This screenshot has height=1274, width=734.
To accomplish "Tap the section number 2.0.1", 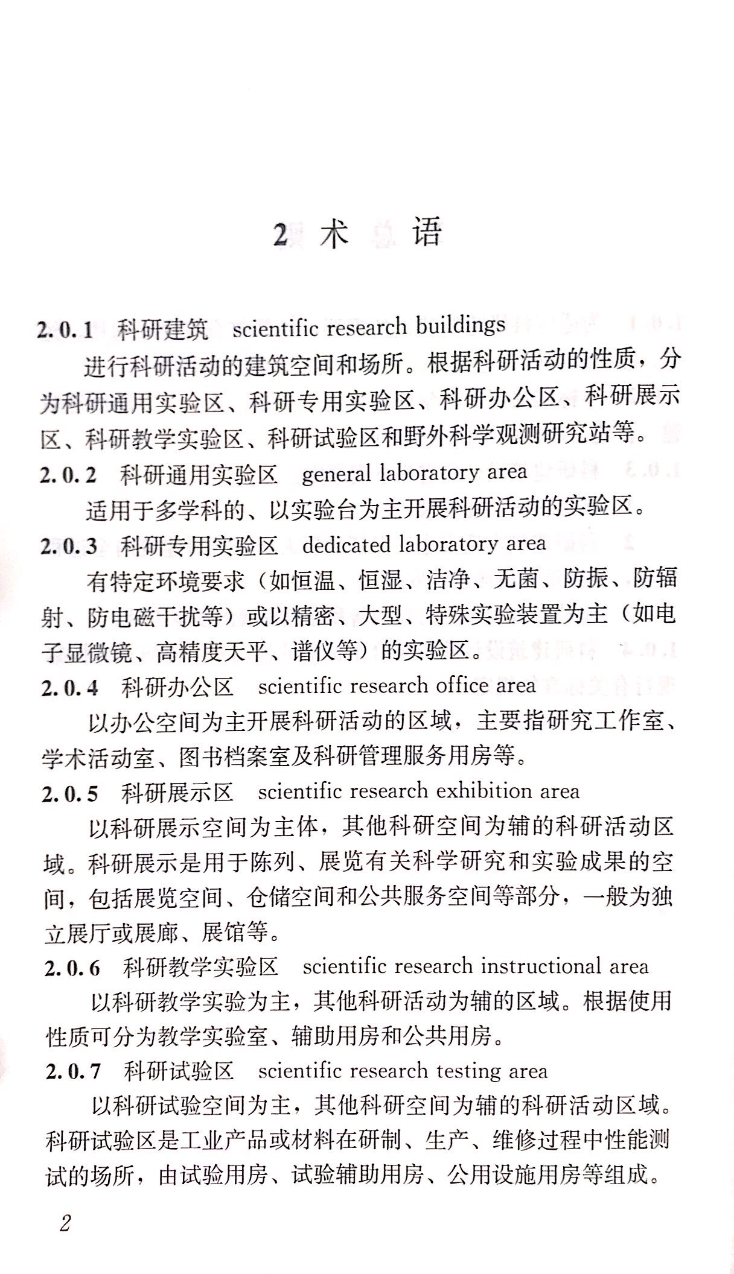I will pos(65,330).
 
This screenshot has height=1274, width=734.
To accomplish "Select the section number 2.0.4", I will pos(69,687).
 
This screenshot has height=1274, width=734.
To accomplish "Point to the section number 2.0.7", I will pos(73,1071).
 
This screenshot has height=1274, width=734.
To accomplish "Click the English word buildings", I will pos(460,326).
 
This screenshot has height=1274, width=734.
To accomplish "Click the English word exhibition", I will pos(480,791).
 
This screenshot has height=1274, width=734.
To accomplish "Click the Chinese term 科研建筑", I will pos(162,329).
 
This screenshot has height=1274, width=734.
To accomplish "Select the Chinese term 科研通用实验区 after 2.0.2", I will pos(199,475).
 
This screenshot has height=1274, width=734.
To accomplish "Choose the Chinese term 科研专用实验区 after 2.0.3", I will pos(199,545).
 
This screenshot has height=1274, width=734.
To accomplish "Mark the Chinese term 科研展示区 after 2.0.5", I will pos(177,792).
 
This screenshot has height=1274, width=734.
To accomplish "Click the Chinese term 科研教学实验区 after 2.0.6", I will pos(200,968).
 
